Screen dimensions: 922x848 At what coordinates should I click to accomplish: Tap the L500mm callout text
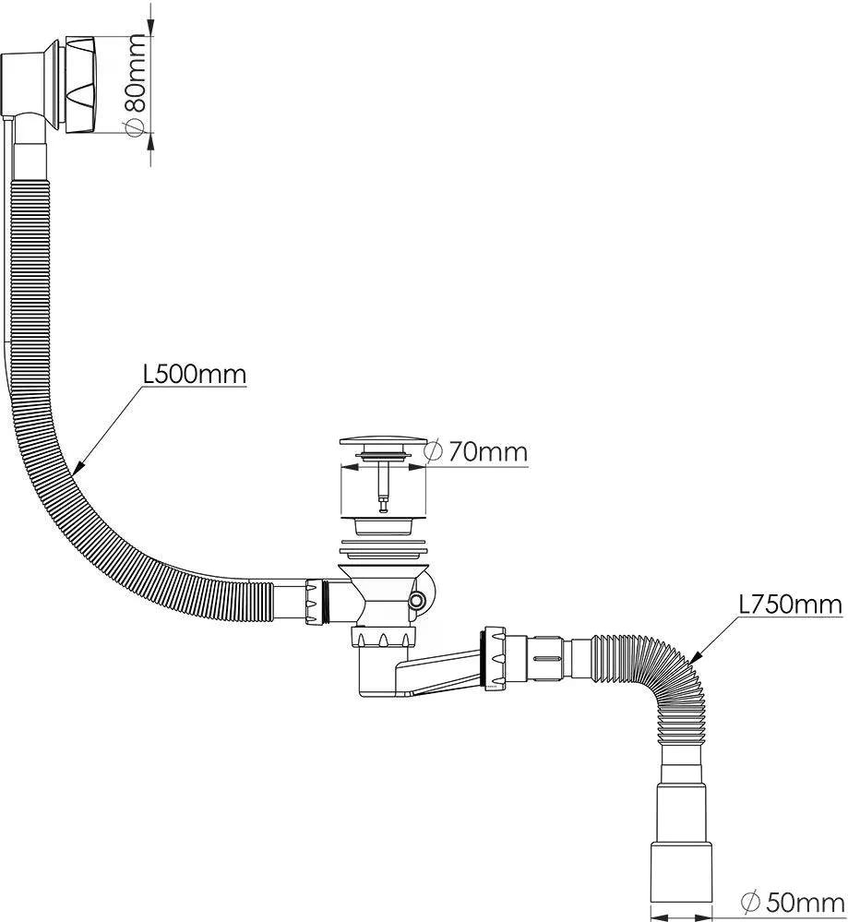point(195,375)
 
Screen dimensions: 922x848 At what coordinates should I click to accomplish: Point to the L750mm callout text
point(790,605)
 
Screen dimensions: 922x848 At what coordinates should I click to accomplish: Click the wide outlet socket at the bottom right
point(684,880)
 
